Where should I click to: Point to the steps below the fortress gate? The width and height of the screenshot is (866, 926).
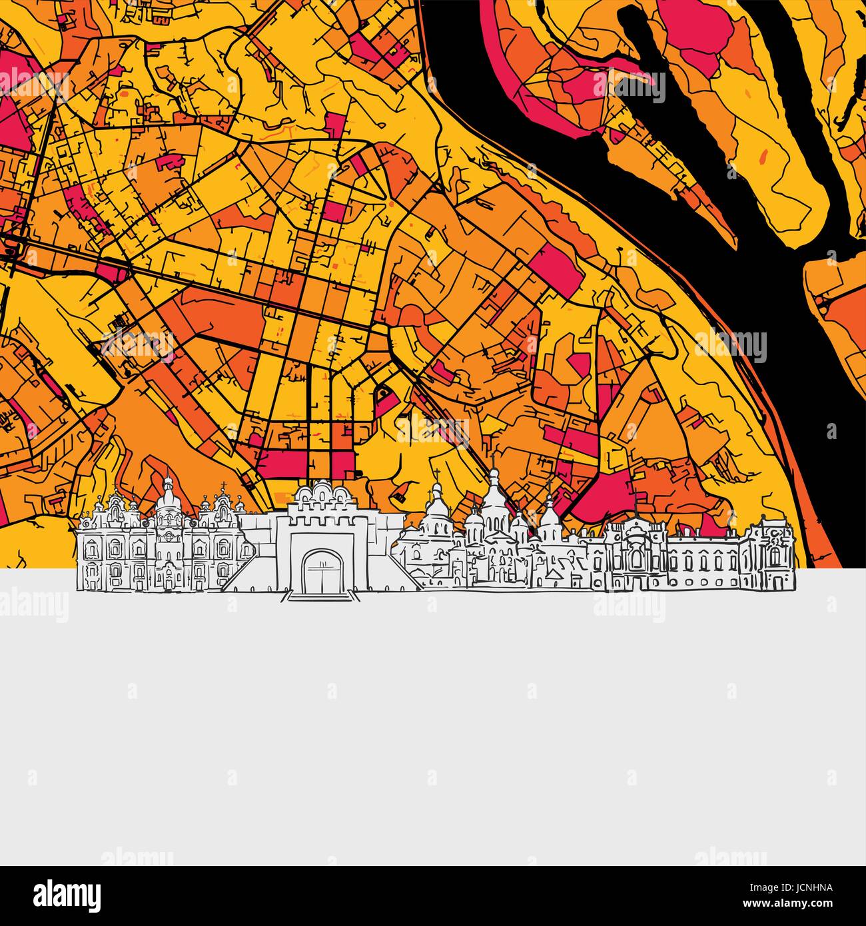320,595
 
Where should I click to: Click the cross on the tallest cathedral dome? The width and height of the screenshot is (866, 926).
494,472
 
